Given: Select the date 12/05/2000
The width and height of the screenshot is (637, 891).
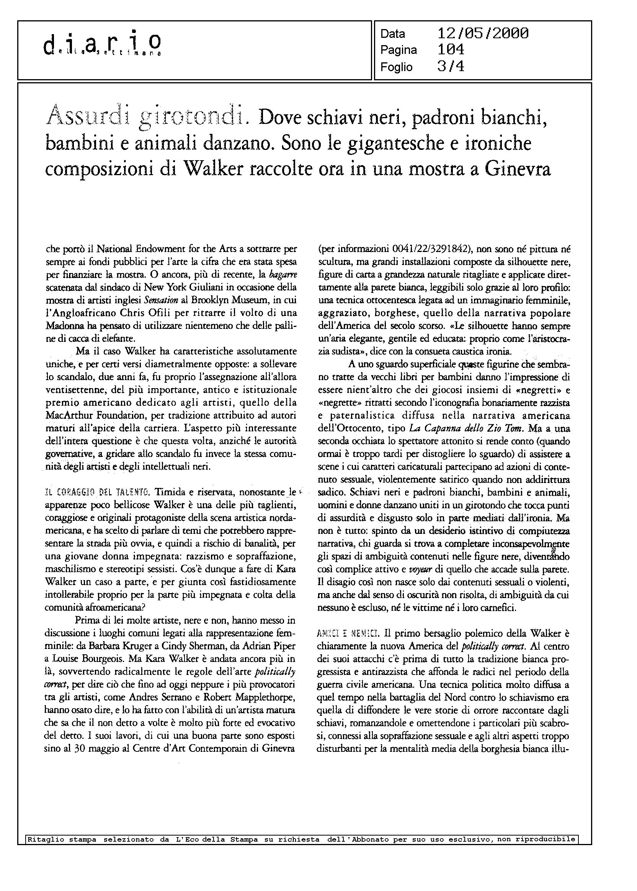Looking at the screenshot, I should point(482,34).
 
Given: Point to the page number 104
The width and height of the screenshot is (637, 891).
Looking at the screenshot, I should point(451,50).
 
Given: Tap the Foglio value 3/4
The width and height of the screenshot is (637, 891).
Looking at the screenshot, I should point(451,67).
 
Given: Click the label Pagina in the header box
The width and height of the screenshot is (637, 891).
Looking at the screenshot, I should point(399,50).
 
